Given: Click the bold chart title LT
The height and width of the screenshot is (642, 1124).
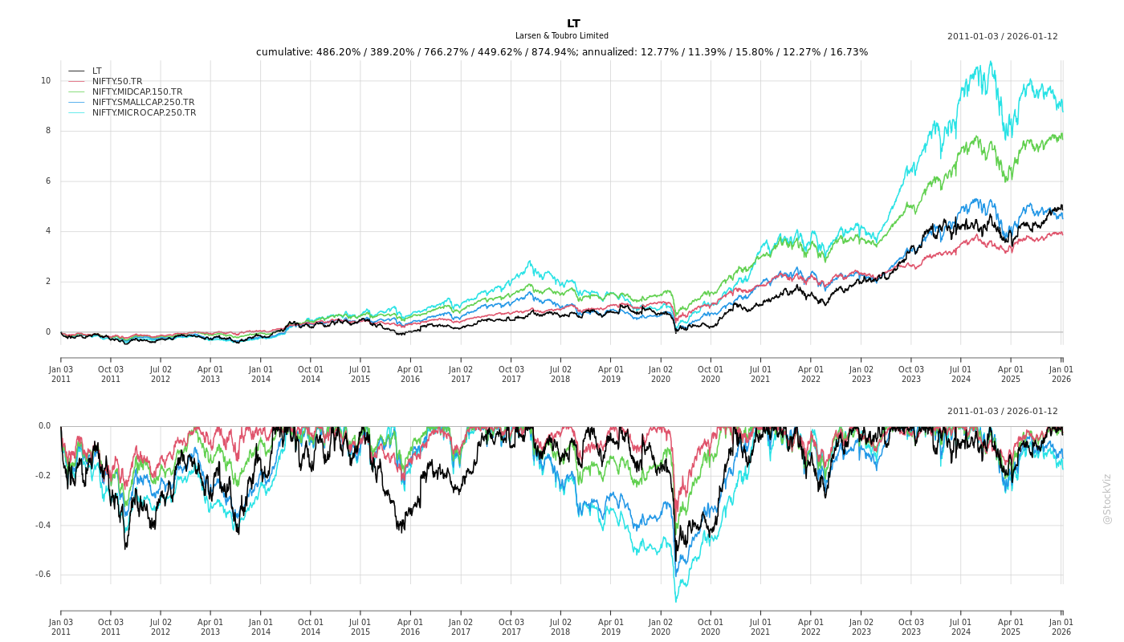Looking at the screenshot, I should click(x=573, y=24).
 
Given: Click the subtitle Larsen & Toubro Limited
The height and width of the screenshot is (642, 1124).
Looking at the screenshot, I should click(x=562, y=36).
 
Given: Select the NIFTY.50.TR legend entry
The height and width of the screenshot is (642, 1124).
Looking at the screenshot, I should click(x=117, y=81).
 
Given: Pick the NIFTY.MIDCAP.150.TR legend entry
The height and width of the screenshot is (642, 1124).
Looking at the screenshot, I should click(x=137, y=91).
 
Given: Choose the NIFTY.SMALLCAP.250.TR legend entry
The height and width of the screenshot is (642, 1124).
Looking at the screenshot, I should click(x=143, y=102).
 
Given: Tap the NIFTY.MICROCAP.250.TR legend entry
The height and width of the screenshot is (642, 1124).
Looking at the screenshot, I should click(x=144, y=112).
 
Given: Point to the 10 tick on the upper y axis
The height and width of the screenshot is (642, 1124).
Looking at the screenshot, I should click(x=46, y=80).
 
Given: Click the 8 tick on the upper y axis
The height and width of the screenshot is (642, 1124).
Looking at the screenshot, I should click(x=48, y=131).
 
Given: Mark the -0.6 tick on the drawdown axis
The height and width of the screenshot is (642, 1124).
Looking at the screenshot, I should click(x=43, y=575).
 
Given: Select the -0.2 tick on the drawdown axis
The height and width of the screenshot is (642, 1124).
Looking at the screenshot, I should click(x=43, y=476).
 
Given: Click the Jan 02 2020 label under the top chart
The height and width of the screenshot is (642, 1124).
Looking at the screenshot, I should click(x=661, y=374).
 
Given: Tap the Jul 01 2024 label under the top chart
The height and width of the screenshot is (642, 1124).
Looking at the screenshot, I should click(x=961, y=374).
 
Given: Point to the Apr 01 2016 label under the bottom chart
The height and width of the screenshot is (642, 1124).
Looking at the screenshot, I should click(x=410, y=627).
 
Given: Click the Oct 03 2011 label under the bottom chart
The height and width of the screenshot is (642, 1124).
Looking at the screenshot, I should click(x=111, y=627).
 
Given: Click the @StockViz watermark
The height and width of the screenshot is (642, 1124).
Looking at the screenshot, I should click(x=1107, y=498).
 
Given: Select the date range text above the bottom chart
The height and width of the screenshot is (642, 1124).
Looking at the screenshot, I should click(x=1002, y=411).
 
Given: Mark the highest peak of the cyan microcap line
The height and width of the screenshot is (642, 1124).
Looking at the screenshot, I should click(x=991, y=62).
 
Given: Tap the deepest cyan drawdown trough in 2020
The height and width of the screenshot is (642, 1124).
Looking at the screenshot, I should click(x=675, y=601).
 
